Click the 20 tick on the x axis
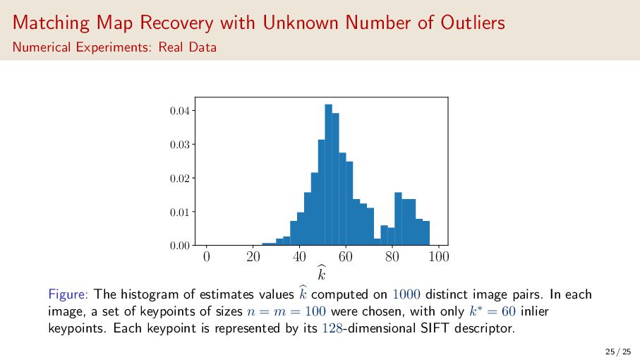(x=253, y=256)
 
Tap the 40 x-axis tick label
(x=299, y=256)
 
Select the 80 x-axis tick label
(x=392, y=256)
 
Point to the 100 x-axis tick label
(x=439, y=256)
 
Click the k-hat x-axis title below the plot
(x=322, y=272)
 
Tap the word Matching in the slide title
(x=45, y=23)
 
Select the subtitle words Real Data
(x=191, y=48)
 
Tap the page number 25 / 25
(x=617, y=351)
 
